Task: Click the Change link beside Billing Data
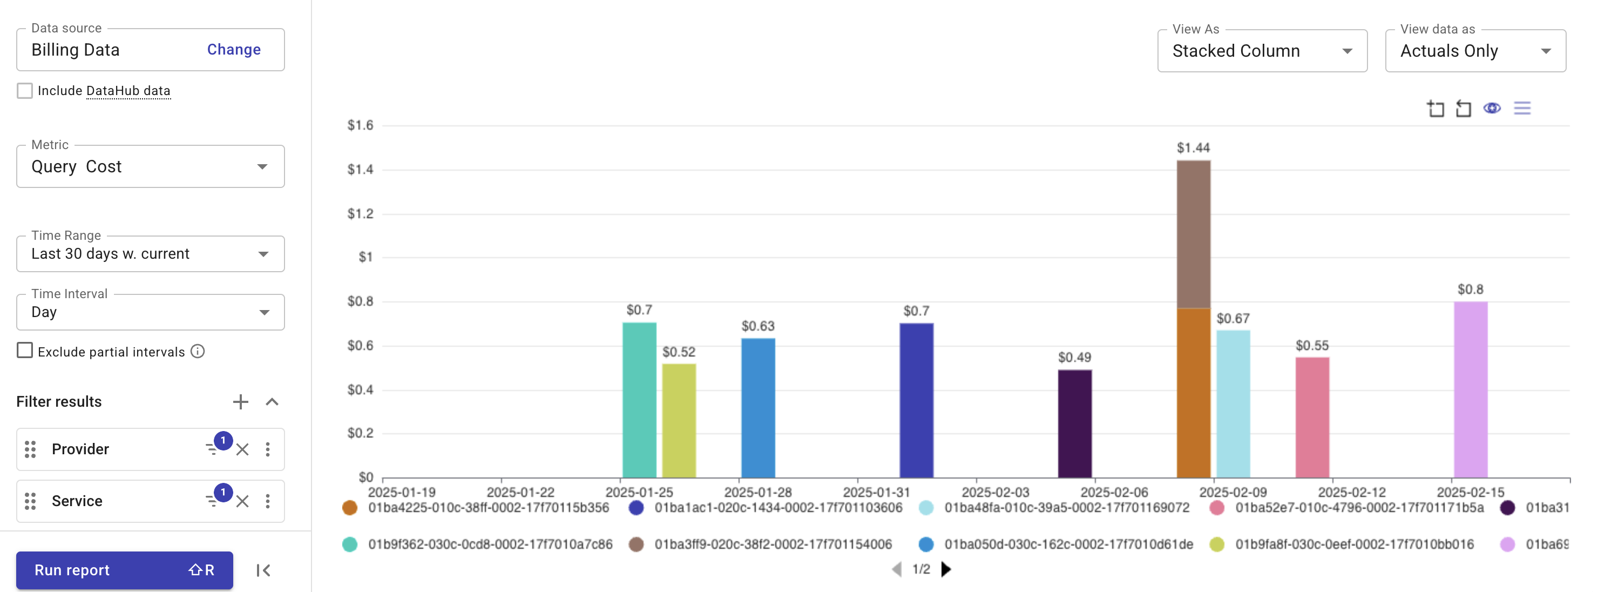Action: click(x=233, y=50)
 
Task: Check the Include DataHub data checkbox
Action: click(x=25, y=91)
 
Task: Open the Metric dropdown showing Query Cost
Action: click(x=150, y=166)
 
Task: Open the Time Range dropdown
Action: click(x=150, y=254)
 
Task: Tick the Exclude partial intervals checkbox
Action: click(x=25, y=351)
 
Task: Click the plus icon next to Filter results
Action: click(x=240, y=401)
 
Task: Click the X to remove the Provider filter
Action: click(x=242, y=449)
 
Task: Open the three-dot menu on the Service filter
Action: click(x=267, y=501)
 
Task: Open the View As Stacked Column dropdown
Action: click(x=1261, y=51)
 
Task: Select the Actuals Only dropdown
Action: click(x=1474, y=51)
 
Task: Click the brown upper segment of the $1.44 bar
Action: click(x=1193, y=234)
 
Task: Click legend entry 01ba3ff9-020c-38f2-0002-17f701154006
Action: click(x=773, y=544)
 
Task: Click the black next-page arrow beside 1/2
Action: click(x=945, y=569)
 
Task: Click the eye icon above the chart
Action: click(x=1491, y=109)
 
